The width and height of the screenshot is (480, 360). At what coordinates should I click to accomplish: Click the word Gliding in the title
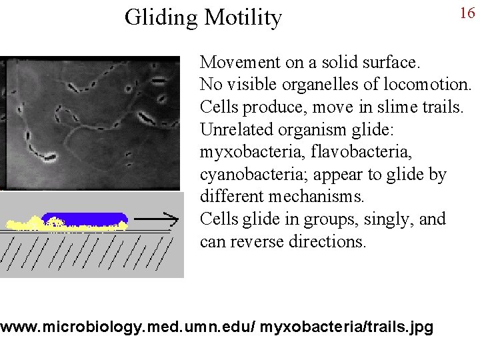(159, 17)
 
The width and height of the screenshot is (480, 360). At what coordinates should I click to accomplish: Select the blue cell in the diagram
(85, 219)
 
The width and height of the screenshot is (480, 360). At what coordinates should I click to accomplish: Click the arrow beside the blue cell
(157, 218)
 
